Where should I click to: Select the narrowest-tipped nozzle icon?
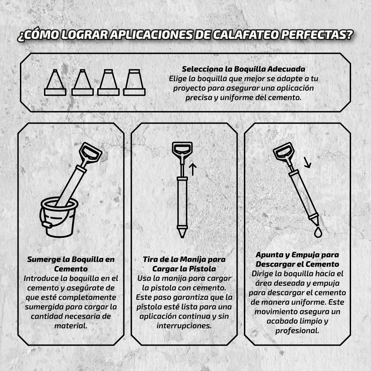55,82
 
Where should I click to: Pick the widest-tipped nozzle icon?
134,82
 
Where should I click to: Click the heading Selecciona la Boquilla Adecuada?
244,69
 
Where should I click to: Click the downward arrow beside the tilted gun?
307,162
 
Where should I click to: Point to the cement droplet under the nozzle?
318,232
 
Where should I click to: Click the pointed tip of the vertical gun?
182,237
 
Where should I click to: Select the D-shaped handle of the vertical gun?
182,149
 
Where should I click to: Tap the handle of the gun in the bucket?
90,153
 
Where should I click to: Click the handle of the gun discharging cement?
283,151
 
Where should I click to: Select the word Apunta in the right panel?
270,255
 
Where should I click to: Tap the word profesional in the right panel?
297,331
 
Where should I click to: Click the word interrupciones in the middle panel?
184,326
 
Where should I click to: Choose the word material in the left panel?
71,326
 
